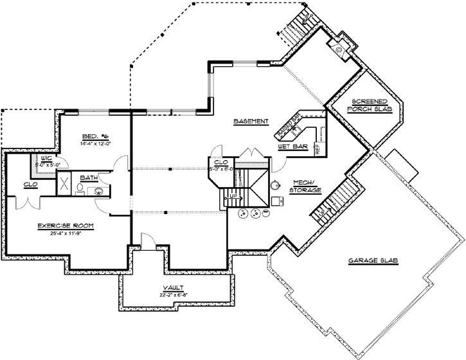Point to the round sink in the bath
coord(99,190)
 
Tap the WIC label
coord(46,158)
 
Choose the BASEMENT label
coord(251,122)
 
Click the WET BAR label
coord(291,147)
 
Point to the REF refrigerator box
coord(317,149)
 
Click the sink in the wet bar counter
coord(296,129)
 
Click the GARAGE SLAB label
coord(373,260)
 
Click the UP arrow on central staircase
coord(234,195)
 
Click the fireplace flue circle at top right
coord(339,46)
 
